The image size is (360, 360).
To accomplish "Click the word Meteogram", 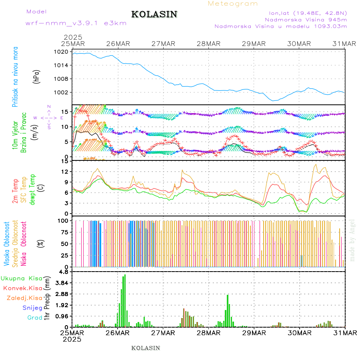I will click(x=233, y=4).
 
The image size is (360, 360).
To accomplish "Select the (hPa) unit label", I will click(x=36, y=76).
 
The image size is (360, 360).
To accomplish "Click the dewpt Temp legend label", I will click(x=32, y=188).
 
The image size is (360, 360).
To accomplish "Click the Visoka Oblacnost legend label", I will click(x=7, y=244).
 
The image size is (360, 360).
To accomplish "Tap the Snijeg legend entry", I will click(x=33, y=308).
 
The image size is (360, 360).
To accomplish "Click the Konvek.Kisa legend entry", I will click(x=22, y=288).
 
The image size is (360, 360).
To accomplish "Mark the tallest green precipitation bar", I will click(x=125, y=300).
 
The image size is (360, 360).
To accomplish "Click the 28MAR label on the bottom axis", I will click(x=208, y=333).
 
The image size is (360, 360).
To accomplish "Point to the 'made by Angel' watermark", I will click(x=352, y=240).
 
